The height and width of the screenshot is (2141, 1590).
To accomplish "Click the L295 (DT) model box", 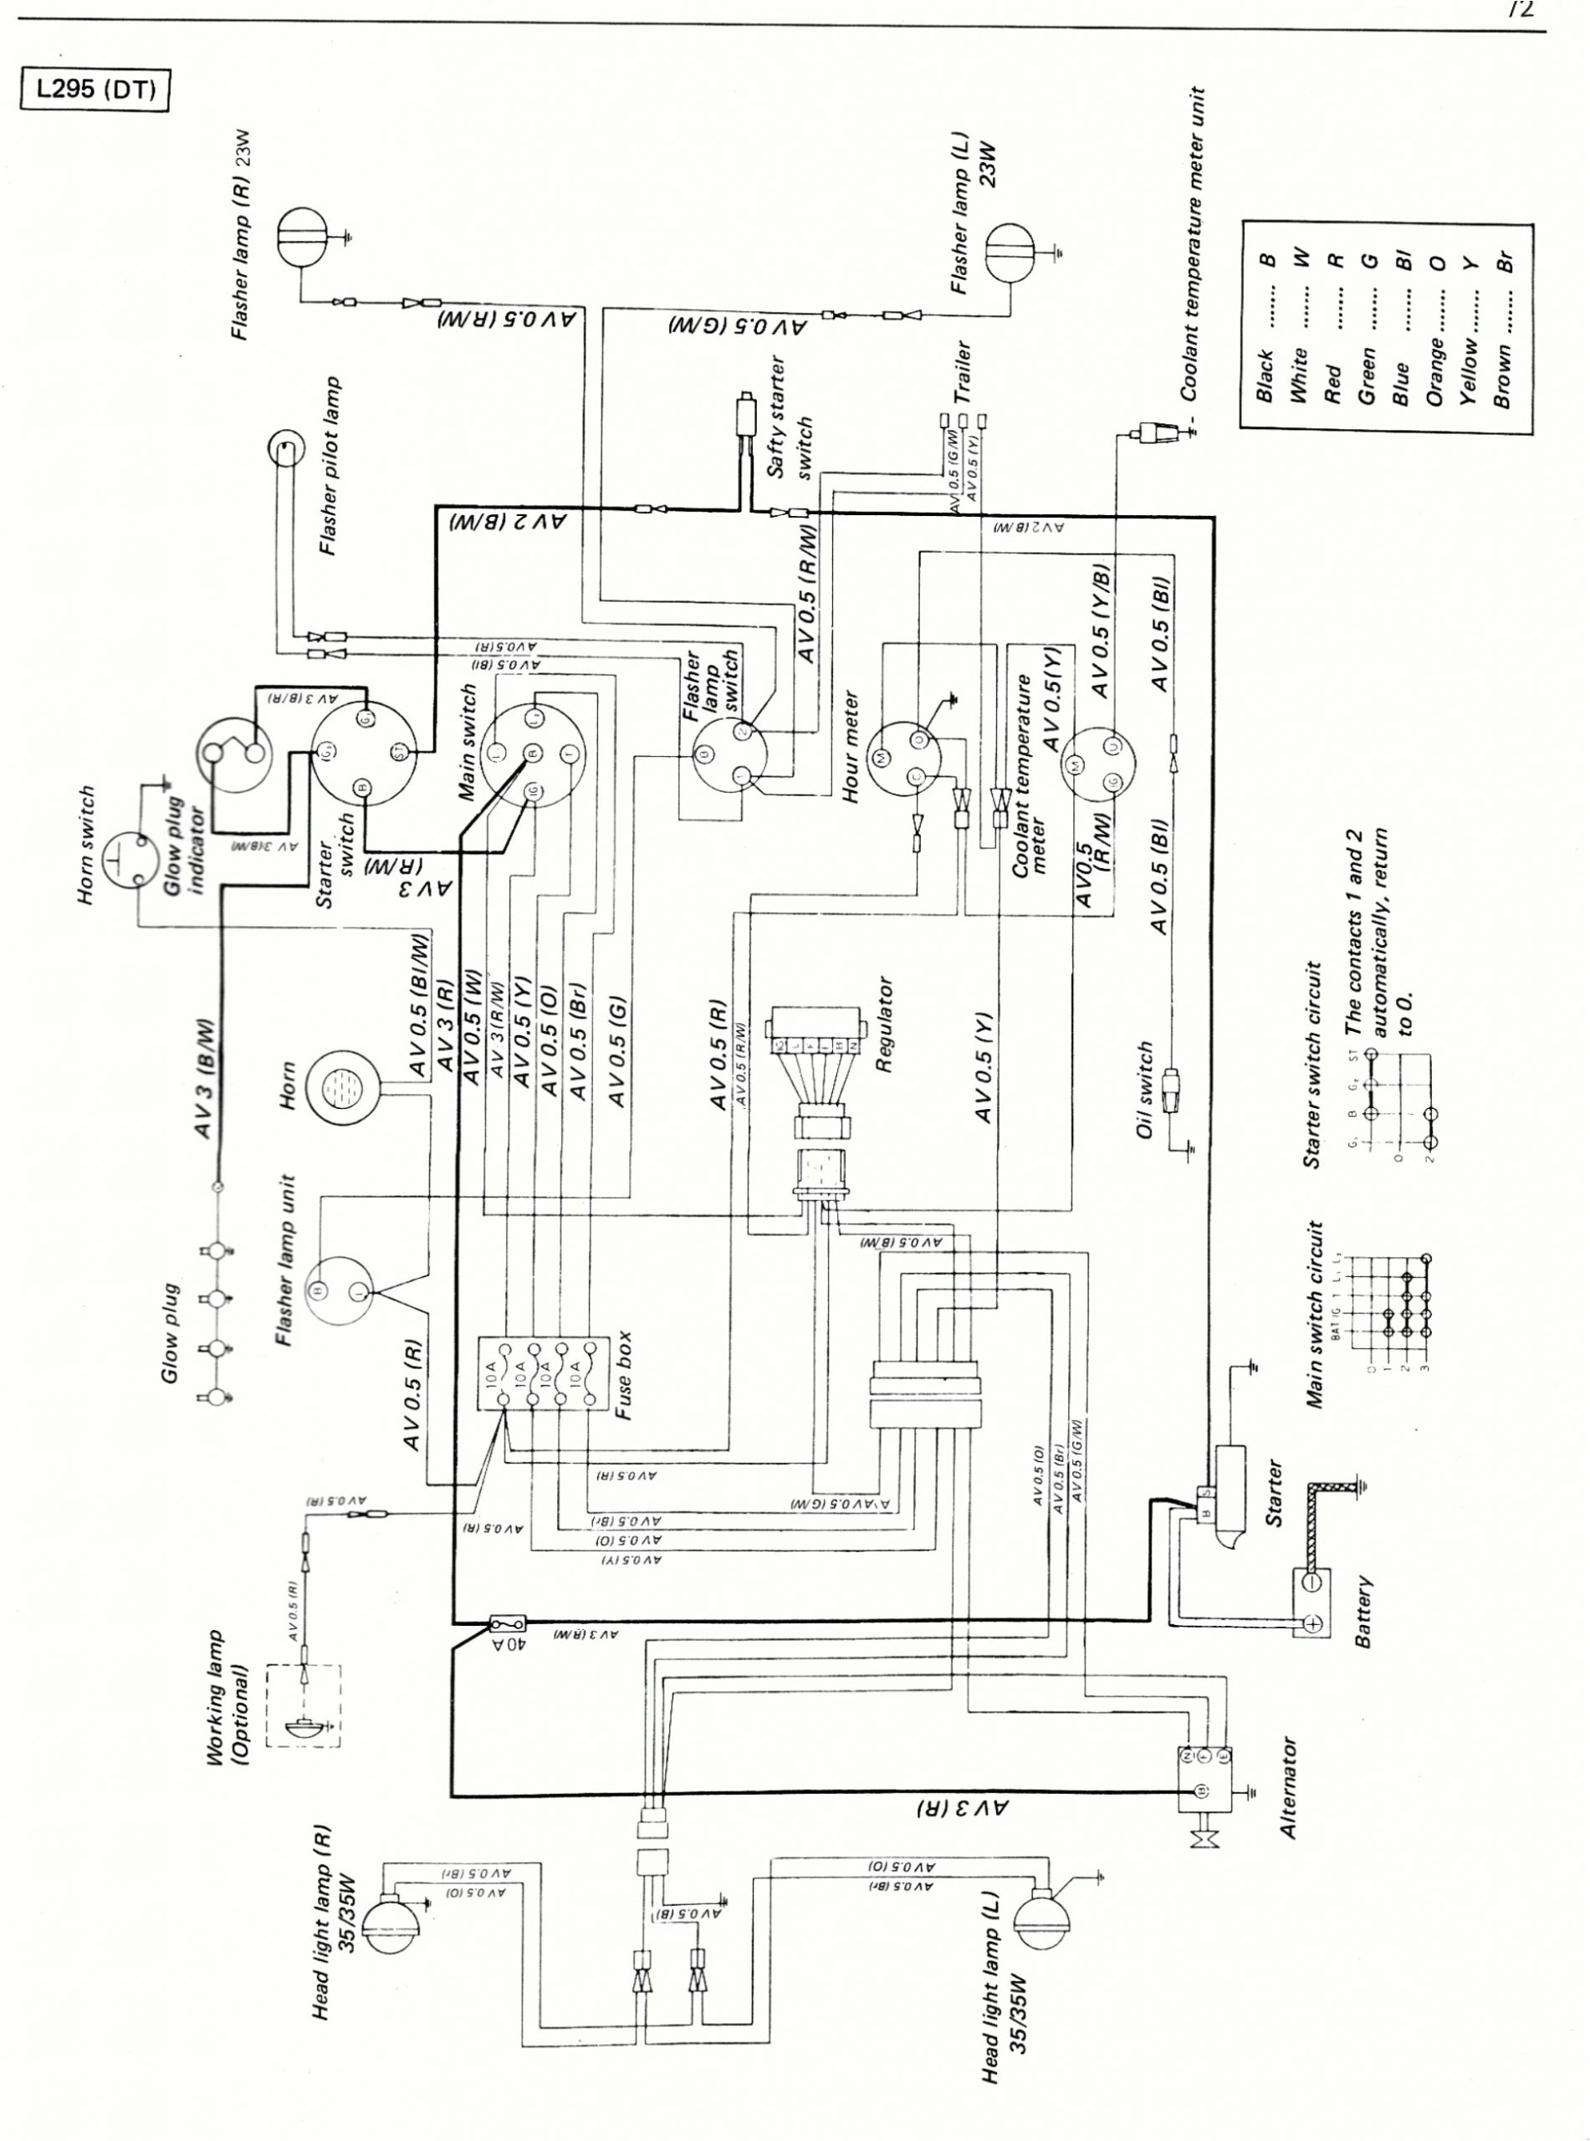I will [x=95, y=90].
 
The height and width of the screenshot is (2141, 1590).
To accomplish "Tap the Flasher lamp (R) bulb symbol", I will [x=303, y=234].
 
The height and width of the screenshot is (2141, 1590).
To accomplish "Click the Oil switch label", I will [x=1144, y=1091].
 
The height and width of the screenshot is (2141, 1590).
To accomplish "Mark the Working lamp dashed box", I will [x=302, y=1704].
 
